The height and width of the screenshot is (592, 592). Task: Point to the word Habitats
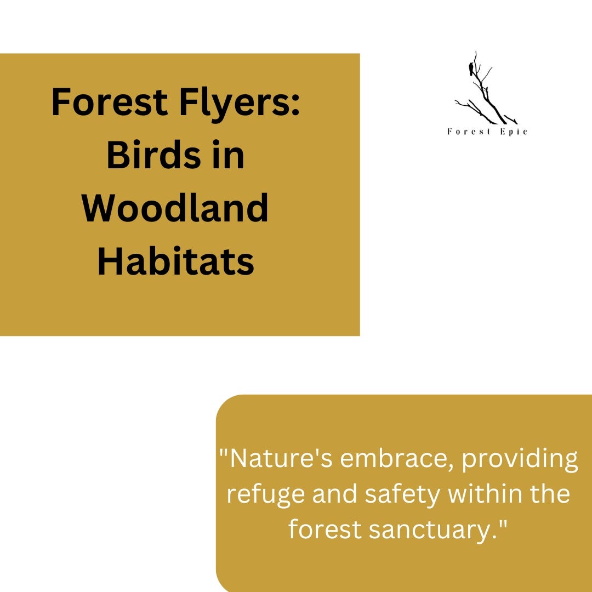175,261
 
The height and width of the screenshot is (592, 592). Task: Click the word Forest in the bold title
110,103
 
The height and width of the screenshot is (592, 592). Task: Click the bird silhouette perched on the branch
471,69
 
